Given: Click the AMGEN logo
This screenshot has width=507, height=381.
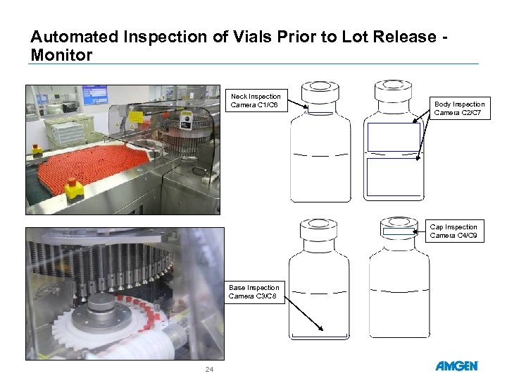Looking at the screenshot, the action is point(456,366).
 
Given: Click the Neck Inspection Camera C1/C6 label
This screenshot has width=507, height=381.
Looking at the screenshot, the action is point(255,101).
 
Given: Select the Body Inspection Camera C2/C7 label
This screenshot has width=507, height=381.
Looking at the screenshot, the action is point(459,108).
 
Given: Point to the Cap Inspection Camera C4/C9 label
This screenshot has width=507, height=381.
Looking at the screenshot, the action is point(453,231).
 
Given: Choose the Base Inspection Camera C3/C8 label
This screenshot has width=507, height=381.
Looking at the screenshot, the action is point(254,292).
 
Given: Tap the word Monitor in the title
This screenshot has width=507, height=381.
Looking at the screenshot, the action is point(61,55).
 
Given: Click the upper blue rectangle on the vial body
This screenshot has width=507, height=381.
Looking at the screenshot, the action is point(394,137).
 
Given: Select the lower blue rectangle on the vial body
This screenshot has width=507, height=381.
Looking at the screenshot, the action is point(394,176).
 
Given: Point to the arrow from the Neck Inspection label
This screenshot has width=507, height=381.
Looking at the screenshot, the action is point(296,107).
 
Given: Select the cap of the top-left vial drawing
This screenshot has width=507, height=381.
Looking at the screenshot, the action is point(318,92).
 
